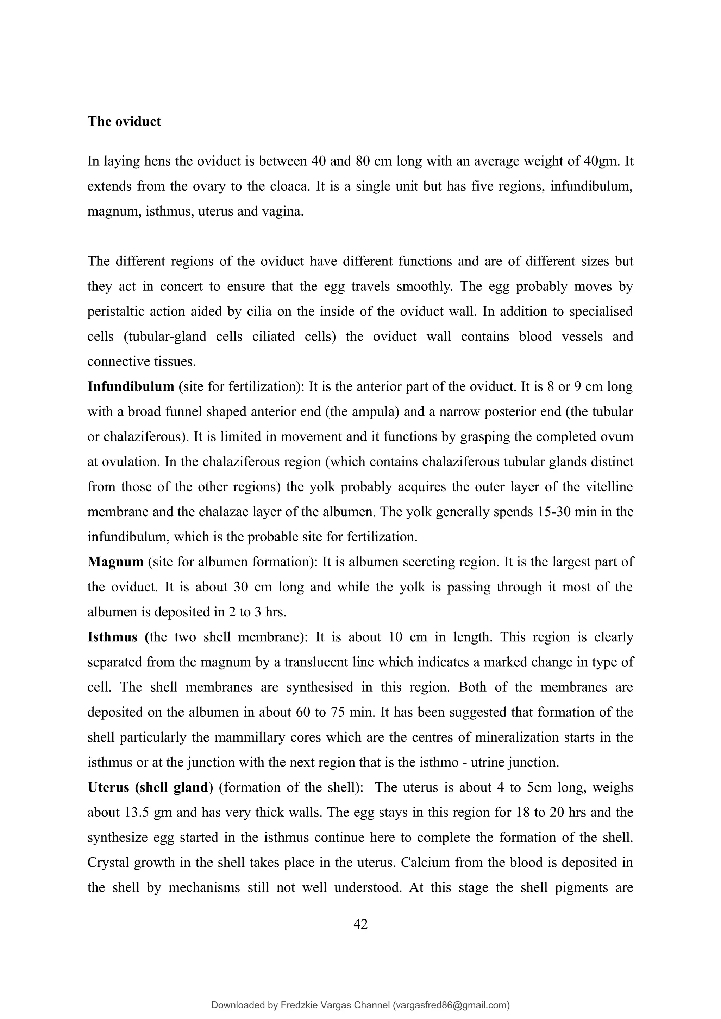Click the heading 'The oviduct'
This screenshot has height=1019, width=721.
click(x=124, y=122)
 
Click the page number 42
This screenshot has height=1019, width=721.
click(x=360, y=924)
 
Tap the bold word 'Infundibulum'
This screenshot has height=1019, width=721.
click(x=131, y=386)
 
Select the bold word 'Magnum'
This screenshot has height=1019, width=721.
click(x=115, y=562)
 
